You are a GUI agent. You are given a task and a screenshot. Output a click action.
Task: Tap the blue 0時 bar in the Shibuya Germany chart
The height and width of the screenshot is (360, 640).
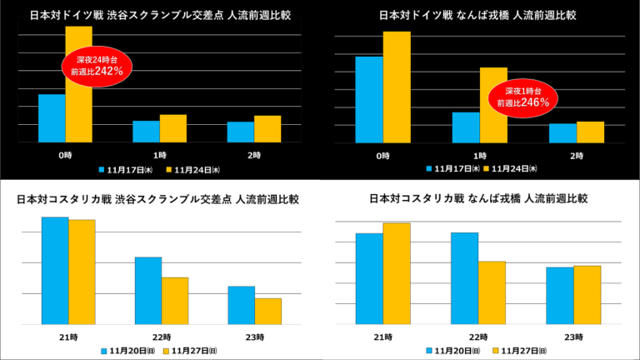pos(52,118)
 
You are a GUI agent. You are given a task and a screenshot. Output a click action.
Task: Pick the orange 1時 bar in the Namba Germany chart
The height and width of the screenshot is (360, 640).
pos(493,105)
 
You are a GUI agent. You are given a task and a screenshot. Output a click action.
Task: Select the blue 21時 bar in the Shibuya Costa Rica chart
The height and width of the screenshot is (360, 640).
pos(55,271)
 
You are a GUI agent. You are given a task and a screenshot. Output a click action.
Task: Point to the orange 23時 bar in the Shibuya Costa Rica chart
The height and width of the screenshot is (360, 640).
pos(268,311)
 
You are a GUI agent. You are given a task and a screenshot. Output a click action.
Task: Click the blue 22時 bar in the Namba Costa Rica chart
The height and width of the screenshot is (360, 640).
pos(464,278)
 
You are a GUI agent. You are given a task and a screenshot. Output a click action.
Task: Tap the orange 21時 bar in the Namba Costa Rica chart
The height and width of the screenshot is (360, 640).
pos(396,273)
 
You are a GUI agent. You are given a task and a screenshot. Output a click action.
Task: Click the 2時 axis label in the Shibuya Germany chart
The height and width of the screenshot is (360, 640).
pos(254,156)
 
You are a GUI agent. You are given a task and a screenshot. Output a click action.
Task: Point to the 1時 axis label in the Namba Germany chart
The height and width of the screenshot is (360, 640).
pos(480,156)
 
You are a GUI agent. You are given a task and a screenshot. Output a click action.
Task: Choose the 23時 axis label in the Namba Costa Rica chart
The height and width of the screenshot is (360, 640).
pos(573,337)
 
